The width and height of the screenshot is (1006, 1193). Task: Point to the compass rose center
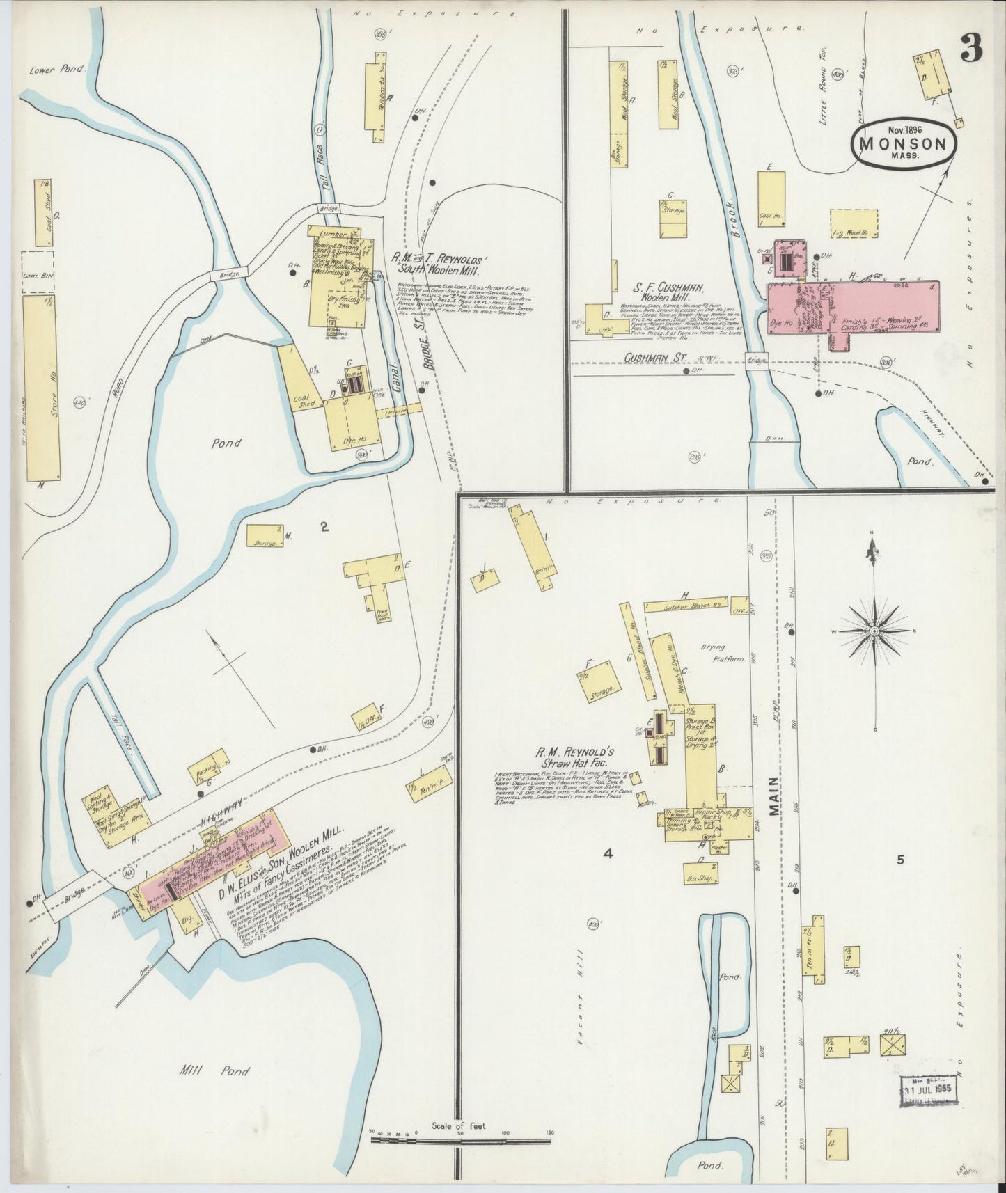873,631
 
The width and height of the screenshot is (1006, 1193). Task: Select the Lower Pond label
56,70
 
